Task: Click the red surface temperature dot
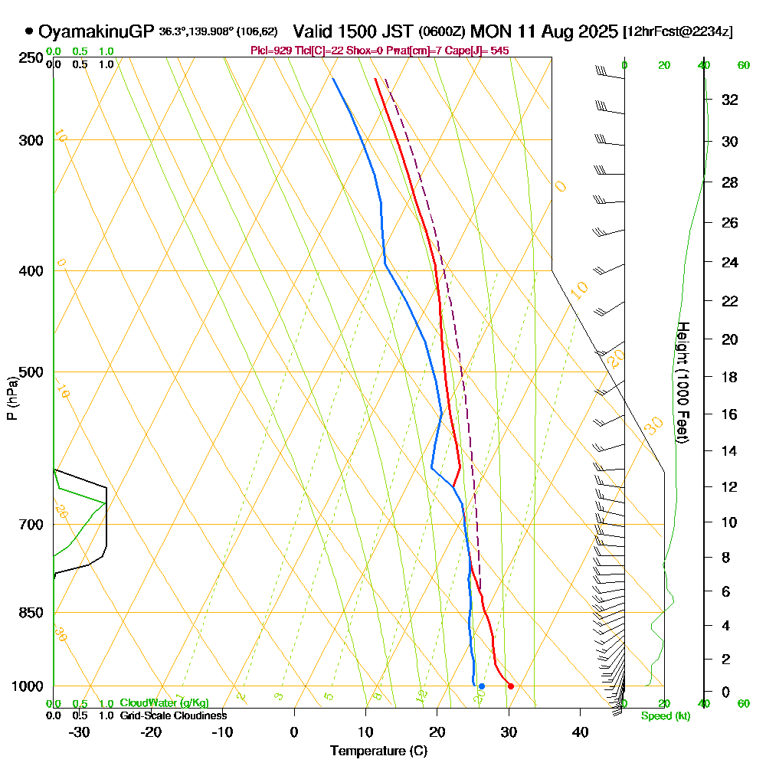click(x=511, y=686)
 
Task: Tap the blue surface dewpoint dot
click(x=482, y=686)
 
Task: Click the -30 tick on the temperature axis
click(x=80, y=732)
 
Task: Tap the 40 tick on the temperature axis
click(x=580, y=732)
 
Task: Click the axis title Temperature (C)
click(x=378, y=751)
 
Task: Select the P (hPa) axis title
click(x=11, y=398)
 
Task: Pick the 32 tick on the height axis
click(x=729, y=99)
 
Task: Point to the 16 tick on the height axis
click(x=729, y=414)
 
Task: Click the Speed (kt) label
click(x=664, y=716)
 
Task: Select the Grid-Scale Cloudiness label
click(x=173, y=715)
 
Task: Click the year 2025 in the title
click(x=596, y=31)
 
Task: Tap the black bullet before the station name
click(x=29, y=31)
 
